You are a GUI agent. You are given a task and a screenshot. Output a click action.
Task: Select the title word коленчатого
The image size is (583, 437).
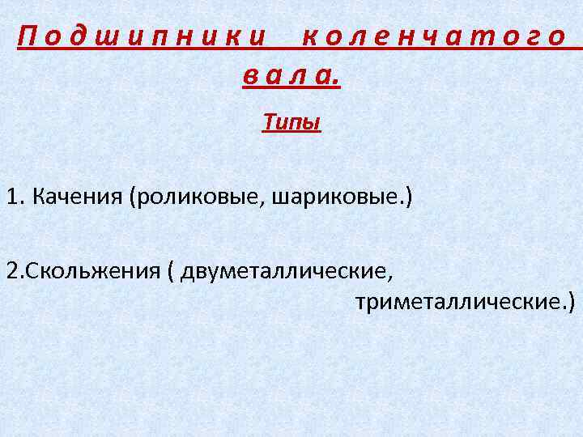coord(432,36)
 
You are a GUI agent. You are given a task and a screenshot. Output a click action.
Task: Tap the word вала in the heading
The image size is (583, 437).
coord(287,77)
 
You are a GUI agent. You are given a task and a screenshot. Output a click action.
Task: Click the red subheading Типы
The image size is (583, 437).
coord(291,122)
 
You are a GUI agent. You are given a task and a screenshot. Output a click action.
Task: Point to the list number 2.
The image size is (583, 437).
coord(11,269)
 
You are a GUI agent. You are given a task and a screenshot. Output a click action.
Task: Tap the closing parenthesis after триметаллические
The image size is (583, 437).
coord(572,303)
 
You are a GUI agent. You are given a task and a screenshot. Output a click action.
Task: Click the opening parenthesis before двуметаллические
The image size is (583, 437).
coord(171,269)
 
